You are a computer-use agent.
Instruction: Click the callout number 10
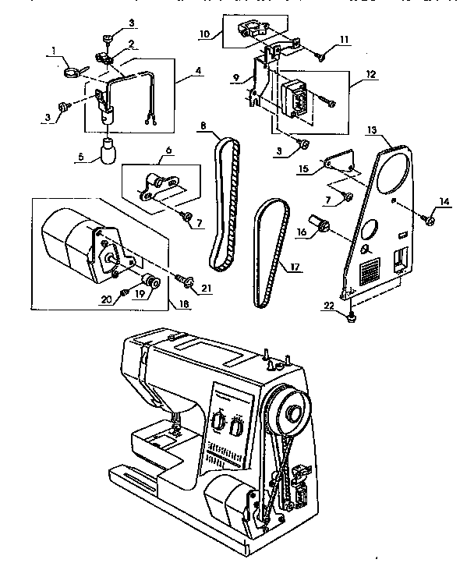pos(204,34)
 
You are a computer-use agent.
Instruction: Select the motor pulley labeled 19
pos(148,281)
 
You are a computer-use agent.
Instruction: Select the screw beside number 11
pos(321,55)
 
